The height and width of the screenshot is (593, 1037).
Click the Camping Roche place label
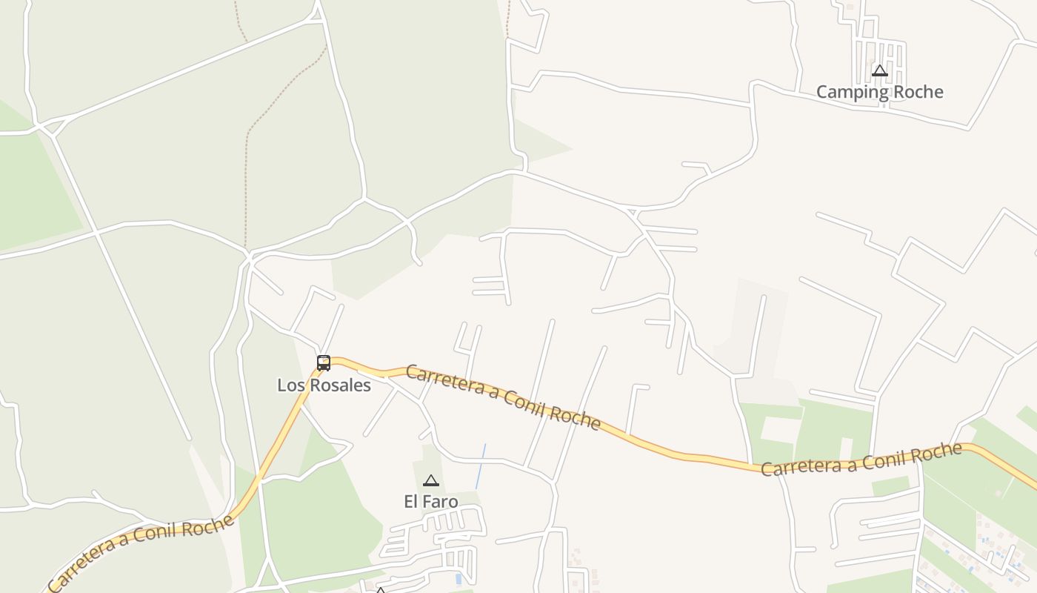(x=879, y=92)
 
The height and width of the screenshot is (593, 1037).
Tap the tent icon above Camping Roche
(x=879, y=71)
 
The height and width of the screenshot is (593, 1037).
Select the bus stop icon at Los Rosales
(x=324, y=362)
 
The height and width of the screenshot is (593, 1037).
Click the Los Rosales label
(x=324, y=385)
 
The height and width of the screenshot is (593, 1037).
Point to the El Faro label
(x=430, y=502)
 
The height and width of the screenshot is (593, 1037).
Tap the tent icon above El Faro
(x=430, y=480)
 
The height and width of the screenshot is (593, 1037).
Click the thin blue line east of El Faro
(x=480, y=467)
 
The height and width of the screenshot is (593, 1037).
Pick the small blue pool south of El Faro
(x=459, y=578)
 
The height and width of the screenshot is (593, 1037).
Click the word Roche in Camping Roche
(x=918, y=92)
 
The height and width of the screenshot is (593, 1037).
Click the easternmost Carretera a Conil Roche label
(x=861, y=460)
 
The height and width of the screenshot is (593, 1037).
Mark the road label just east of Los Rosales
(x=502, y=397)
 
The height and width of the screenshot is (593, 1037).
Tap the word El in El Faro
(x=411, y=502)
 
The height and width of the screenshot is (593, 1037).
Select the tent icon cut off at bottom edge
(x=380, y=590)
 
